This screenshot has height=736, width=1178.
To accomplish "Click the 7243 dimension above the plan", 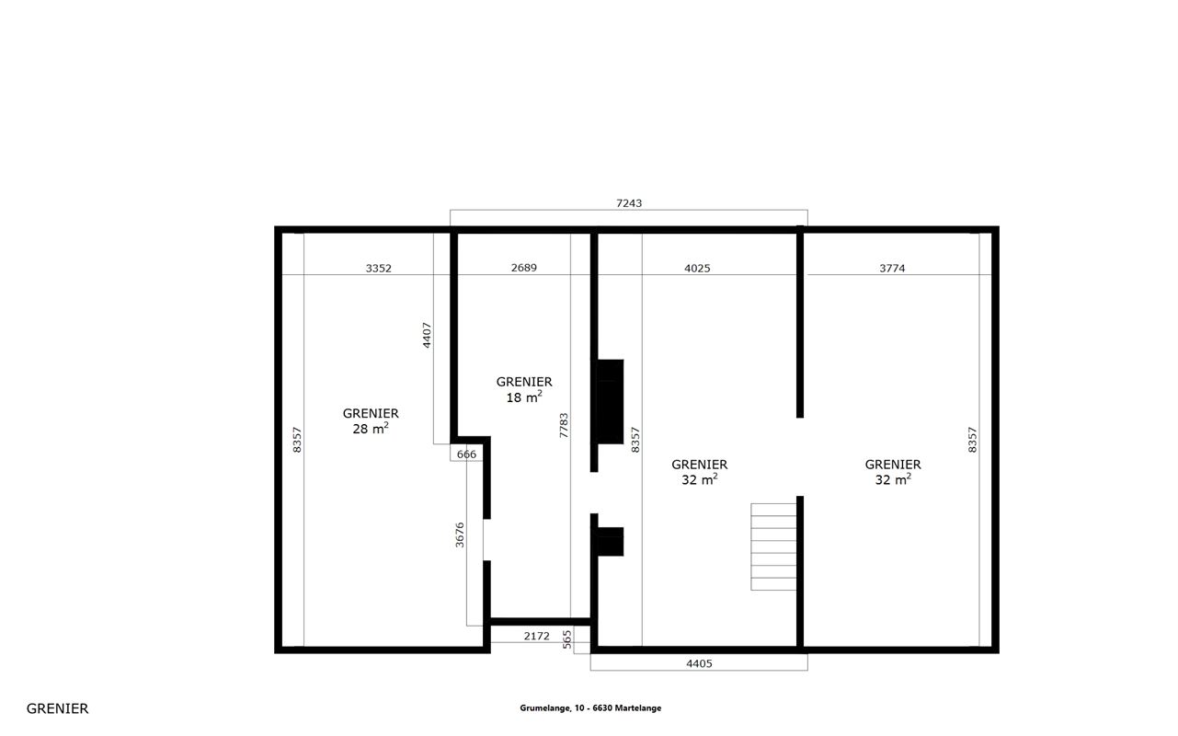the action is tap(629, 203).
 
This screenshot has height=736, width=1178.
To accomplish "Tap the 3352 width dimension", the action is tap(379, 269).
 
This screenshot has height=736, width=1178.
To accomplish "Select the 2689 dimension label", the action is tap(524, 268).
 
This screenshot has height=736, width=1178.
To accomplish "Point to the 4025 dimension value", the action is tap(697, 269).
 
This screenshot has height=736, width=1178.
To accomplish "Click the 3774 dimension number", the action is tap(892, 269).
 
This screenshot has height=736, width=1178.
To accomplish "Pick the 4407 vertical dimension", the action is tap(427, 335).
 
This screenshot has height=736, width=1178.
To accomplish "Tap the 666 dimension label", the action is tap(466, 454).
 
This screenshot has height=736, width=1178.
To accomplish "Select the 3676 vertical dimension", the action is tap(460, 535).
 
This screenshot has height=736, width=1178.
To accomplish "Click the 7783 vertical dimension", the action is tap(564, 426).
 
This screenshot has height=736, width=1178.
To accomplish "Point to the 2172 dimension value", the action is tap(536, 636).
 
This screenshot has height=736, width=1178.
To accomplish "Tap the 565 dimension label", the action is tap(566, 639).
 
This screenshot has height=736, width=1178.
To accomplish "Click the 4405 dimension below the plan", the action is tap(699, 664).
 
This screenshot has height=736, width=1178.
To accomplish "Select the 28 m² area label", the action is tap(371, 429).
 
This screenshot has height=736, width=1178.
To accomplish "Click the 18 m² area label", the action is tap(524, 397).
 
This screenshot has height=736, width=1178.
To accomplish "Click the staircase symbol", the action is tap(773, 546).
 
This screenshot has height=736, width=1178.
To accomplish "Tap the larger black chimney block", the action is tap(611, 401).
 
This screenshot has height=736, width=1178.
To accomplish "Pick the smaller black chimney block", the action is tap(611, 541).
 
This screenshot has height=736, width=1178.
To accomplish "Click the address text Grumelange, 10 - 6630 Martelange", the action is tap(590, 708).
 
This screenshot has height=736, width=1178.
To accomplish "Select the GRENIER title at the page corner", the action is tap(57, 708).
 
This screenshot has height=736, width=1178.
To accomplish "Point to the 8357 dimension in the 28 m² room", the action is tap(297, 439).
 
